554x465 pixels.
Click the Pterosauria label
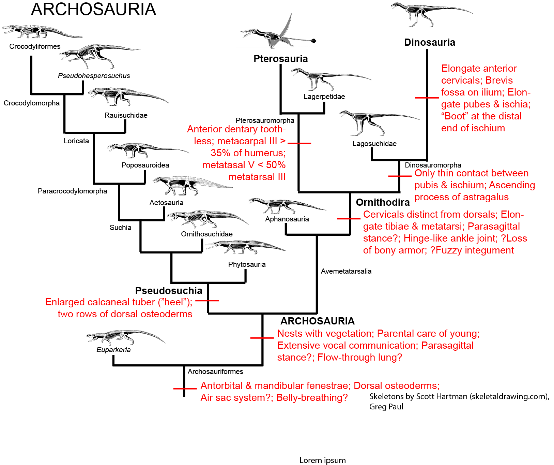click(280, 59)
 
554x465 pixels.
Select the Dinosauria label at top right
click(429, 42)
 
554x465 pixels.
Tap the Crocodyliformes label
click(35, 46)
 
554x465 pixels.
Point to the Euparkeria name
click(113, 350)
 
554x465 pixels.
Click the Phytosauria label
click(247, 264)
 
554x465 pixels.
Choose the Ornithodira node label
click(383, 202)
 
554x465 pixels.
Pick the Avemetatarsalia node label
click(346, 271)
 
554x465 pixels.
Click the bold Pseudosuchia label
click(169, 291)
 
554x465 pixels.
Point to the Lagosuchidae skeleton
click(375, 122)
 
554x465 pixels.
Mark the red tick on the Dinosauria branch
click(427, 98)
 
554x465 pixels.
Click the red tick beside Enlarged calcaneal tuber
click(207, 301)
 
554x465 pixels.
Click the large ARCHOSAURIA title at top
click(93, 9)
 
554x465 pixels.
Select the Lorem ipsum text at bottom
click(322, 460)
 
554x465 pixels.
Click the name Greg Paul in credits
click(386, 407)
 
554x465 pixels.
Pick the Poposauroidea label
click(145, 165)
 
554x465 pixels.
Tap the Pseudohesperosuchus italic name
click(94, 76)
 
